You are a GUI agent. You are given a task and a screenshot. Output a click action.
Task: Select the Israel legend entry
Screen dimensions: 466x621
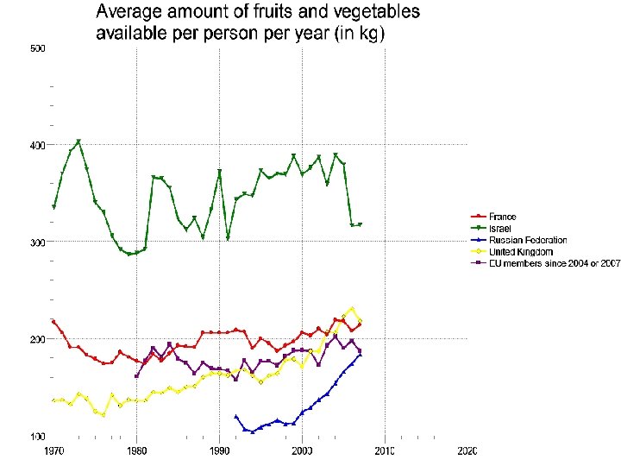click(x=499, y=227)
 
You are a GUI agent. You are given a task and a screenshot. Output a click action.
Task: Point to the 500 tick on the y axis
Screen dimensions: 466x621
click(x=37, y=48)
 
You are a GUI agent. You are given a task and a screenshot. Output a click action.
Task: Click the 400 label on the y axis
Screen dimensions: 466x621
click(x=37, y=145)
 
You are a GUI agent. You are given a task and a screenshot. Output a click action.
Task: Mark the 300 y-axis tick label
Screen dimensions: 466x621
click(x=37, y=242)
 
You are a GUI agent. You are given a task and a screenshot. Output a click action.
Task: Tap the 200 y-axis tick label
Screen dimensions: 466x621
click(x=37, y=339)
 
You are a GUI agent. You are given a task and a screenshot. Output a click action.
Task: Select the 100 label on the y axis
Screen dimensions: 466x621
click(x=37, y=437)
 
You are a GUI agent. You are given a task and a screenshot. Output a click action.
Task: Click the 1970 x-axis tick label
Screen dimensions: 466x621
click(x=53, y=451)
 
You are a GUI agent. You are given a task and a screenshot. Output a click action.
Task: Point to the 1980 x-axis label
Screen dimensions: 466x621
click(x=136, y=451)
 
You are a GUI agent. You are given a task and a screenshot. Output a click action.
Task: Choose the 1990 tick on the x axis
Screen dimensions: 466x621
click(x=219, y=451)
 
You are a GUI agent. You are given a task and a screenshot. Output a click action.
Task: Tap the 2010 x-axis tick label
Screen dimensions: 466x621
click(x=385, y=451)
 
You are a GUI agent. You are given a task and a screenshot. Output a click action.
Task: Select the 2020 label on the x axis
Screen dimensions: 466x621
click(x=467, y=451)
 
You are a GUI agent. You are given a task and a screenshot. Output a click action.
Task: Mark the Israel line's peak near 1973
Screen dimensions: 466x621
click(x=78, y=141)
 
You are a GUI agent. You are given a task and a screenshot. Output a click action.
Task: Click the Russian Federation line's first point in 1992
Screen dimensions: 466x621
click(x=236, y=416)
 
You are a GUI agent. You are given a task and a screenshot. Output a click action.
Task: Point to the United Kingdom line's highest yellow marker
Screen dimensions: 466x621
click(x=352, y=308)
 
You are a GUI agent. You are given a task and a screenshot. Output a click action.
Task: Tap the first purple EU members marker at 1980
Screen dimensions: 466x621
click(x=136, y=376)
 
